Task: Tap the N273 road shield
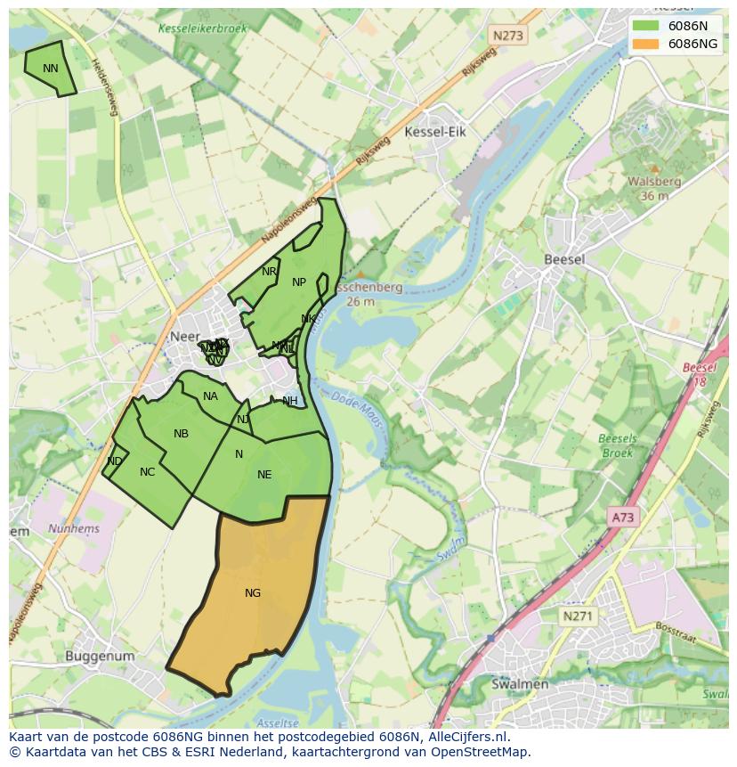click(507, 36)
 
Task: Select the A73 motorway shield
click(625, 517)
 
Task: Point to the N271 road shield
click(579, 616)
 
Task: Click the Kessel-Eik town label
click(435, 132)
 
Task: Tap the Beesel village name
click(564, 259)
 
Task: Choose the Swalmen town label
click(520, 684)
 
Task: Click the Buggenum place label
click(100, 657)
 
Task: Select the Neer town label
click(183, 338)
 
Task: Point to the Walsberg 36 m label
click(654, 188)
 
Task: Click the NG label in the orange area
click(253, 593)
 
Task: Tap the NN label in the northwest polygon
click(51, 69)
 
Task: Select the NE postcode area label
click(264, 475)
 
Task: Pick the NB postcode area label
click(181, 434)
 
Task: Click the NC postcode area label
click(147, 472)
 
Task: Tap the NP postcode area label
click(299, 282)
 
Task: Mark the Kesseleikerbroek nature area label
click(203, 29)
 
